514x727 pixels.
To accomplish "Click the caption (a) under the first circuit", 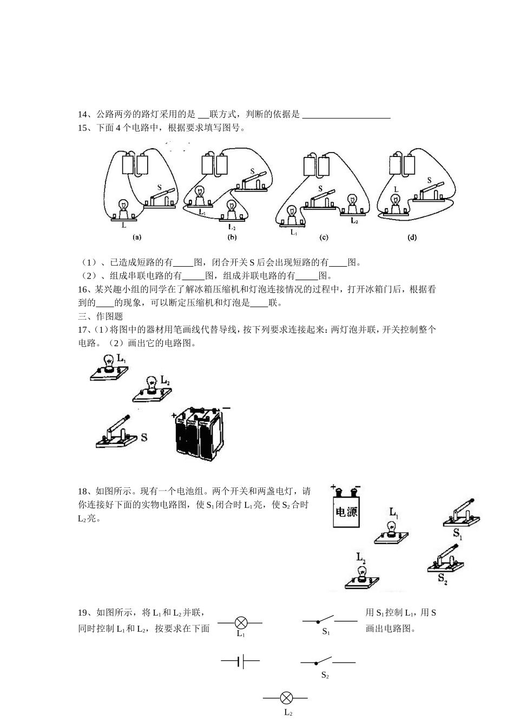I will pos(137,237).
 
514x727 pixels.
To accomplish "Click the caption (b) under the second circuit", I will pos(232,237).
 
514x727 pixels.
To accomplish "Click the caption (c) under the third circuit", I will pos(324,237).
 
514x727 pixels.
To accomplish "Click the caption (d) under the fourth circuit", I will pos(412,237).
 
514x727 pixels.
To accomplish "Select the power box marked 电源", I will pos(346,506).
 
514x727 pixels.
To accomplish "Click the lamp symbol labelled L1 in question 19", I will pos(241,623).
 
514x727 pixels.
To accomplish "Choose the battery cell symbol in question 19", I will pos(241,660).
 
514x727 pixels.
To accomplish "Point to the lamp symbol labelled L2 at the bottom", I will pos(287,698).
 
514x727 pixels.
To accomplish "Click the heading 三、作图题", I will pos(101,316).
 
